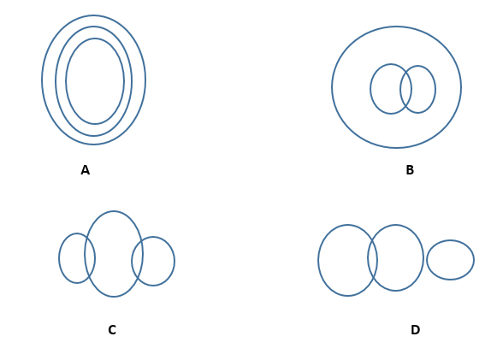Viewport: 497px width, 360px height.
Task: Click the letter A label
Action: point(86,170)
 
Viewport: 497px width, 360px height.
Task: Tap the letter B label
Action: point(410,170)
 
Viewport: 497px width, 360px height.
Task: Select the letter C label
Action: point(112,330)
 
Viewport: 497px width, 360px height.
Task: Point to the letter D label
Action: point(415,330)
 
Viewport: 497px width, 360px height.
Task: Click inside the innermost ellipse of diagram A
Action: point(95,81)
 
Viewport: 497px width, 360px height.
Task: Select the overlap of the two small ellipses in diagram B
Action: point(406,89)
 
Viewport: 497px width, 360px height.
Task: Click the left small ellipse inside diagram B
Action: point(370,89)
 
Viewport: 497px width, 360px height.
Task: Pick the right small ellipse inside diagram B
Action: point(435,90)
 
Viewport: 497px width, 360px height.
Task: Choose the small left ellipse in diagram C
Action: point(59,258)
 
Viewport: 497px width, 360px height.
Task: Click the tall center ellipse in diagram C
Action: point(114,211)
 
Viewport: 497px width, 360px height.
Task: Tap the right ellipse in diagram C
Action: point(175,261)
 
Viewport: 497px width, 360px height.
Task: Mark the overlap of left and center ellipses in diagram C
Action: point(90,258)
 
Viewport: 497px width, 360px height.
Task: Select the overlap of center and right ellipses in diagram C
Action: point(137,261)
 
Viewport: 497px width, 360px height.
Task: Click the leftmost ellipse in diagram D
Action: point(318,261)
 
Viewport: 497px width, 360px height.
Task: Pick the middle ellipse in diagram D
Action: point(423,258)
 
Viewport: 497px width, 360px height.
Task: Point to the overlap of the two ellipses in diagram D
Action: point(372,258)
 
